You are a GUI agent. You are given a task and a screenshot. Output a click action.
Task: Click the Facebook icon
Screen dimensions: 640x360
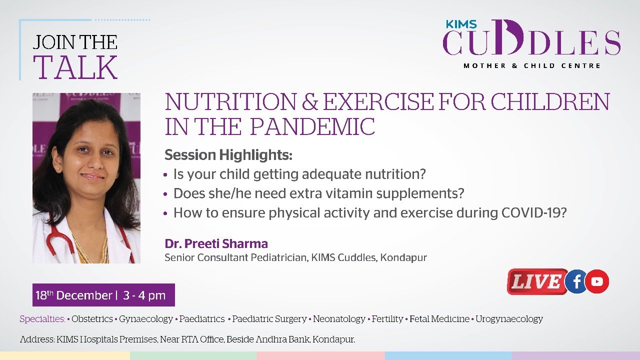point(576,281)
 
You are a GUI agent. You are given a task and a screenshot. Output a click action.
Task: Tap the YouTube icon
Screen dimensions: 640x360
point(597,281)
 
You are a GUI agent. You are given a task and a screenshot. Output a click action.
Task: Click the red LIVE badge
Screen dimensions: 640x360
point(537,281)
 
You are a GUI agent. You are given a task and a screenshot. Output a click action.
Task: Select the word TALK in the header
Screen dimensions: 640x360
point(75,67)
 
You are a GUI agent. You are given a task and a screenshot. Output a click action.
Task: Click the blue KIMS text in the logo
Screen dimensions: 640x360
point(461,24)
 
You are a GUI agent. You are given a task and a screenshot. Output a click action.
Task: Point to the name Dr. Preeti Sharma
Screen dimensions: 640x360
point(216,243)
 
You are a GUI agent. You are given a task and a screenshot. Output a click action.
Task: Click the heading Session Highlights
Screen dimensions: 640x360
point(228,155)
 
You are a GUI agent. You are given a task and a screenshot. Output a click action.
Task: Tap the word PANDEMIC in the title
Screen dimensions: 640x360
point(312,126)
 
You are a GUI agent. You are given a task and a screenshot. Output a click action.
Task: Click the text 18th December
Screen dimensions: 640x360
point(73,295)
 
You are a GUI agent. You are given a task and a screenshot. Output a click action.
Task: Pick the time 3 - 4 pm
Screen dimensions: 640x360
point(144,295)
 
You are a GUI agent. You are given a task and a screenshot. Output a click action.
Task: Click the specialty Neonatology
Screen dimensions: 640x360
point(339,319)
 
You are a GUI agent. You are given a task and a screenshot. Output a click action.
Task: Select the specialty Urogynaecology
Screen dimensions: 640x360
point(509,319)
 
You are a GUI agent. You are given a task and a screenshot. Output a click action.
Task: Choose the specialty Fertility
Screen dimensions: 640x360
point(387,319)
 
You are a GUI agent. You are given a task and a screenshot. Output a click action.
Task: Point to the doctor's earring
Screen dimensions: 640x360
point(58,169)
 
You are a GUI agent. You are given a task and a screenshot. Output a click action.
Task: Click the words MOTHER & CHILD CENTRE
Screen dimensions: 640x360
point(532,65)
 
